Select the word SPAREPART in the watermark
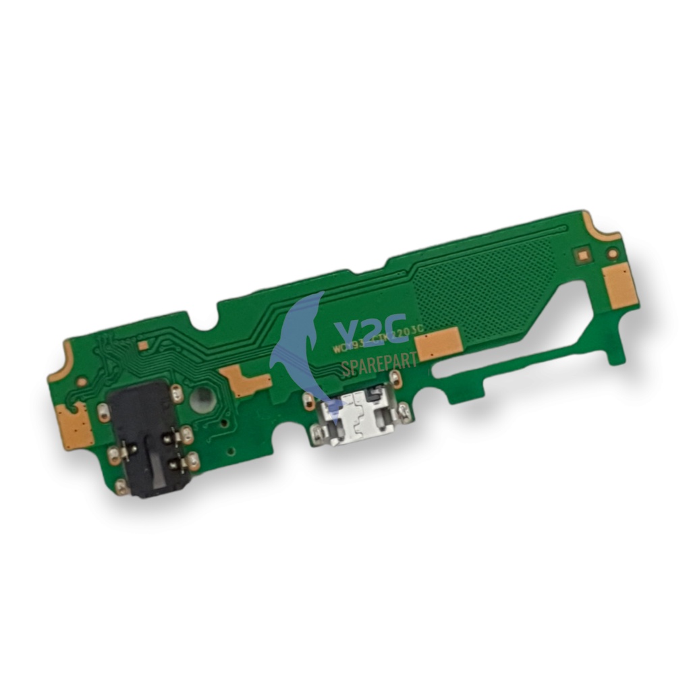(379, 362)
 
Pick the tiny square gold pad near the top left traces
(143, 345)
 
